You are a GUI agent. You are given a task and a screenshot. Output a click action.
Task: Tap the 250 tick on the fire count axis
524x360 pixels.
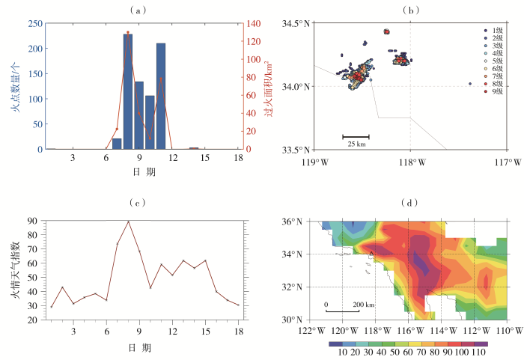34,24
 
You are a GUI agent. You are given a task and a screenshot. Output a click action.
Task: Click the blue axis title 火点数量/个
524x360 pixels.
15,87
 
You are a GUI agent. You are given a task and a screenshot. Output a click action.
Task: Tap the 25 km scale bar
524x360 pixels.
356,138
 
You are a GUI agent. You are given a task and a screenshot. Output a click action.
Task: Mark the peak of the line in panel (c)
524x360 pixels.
128,222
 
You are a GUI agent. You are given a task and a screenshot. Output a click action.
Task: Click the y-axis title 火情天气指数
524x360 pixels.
15,270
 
